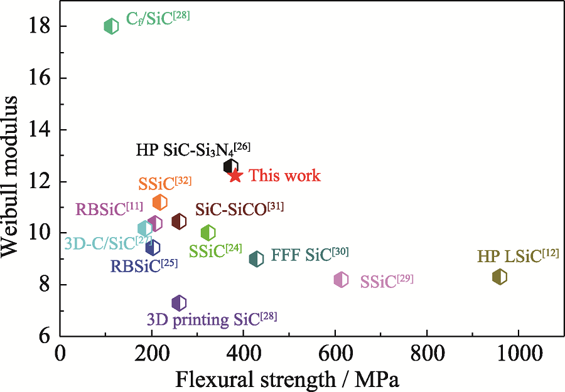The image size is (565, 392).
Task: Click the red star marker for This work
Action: (235, 176)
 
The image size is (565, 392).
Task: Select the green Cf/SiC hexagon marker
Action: (111, 26)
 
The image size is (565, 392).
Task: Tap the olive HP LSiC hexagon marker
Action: (500, 277)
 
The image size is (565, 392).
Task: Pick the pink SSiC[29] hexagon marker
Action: (341, 280)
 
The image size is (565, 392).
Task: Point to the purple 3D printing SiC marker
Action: (179, 304)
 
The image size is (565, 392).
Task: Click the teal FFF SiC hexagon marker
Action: (256, 258)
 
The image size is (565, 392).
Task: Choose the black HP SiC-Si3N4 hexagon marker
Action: (231, 166)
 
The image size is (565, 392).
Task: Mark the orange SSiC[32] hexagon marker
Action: (160, 202)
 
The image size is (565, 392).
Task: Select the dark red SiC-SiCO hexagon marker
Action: (179, 221)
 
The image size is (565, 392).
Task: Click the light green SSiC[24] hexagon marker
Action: (208, 233)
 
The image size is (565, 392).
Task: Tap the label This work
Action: (284, 176)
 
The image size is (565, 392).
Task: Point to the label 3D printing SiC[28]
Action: (212, 319)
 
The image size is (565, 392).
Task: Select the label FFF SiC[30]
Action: (309, 255)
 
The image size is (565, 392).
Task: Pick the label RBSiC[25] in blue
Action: (144, 265)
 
